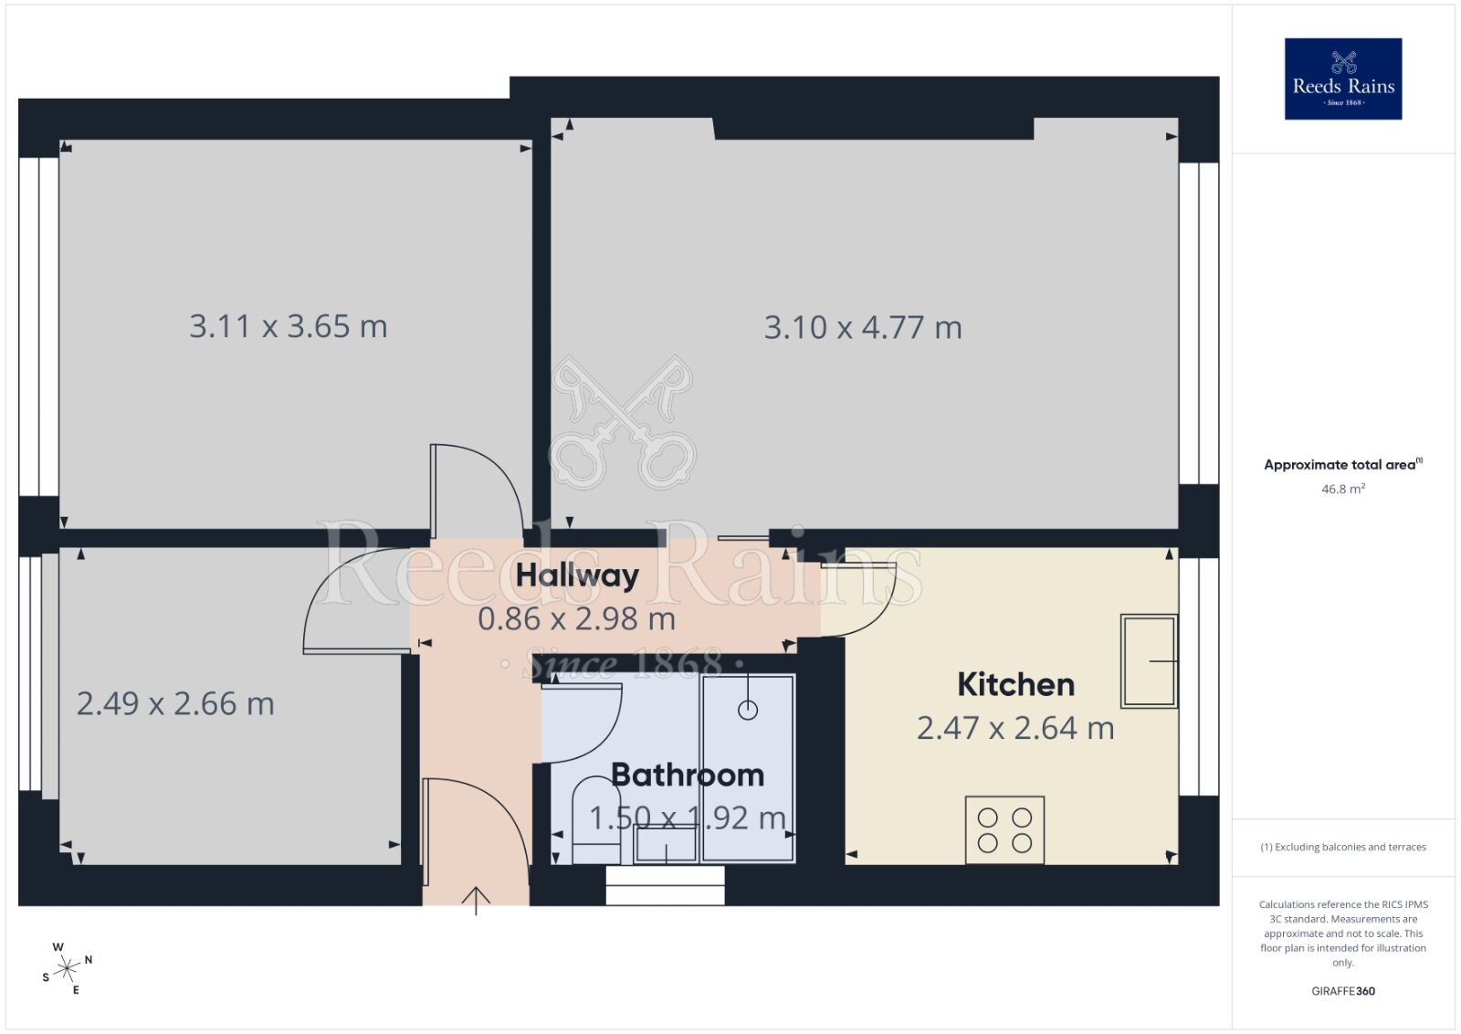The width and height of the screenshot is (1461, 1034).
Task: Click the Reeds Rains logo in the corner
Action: coord(1343,79)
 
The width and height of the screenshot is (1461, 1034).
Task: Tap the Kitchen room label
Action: coord(1015,684)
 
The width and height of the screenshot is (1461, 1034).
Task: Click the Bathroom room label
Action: coord(687,775)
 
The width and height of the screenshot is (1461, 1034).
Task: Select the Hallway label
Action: coord(577,575)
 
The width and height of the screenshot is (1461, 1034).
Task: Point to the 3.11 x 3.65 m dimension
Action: coord(289,326)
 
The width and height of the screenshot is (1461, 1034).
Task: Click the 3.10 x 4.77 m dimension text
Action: coord(863,327)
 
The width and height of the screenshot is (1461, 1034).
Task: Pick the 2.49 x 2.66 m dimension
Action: coord(175,703)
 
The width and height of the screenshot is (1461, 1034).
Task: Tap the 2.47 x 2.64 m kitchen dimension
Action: coord(1015,728)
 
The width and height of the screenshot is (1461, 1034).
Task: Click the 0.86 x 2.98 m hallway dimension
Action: coord(576,619)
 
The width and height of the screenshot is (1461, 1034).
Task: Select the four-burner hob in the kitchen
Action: coord(1004,830)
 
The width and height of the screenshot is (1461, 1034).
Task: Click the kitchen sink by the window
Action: coord(1149,660)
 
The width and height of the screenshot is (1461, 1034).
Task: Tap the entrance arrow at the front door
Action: coord(476,900)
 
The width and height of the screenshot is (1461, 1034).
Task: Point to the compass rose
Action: coord(67,968)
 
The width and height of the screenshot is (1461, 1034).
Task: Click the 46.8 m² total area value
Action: coord(1343,489)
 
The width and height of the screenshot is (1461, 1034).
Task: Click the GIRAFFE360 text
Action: coord(1343,991)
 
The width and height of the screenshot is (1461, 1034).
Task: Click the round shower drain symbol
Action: coord(748,710)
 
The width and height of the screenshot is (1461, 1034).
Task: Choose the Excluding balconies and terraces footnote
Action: coord(1343,847)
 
